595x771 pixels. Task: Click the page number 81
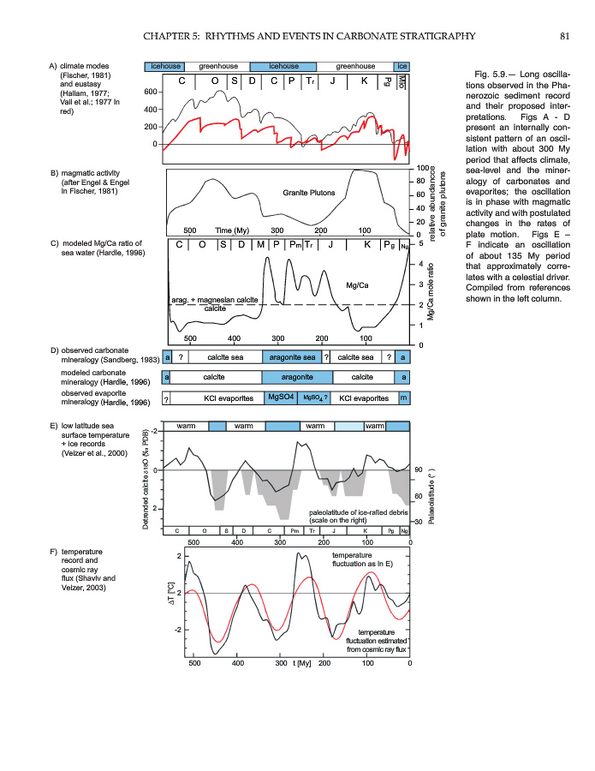tap(564, 35)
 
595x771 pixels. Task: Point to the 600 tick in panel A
tap(151, 92)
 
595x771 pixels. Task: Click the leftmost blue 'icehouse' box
tap(164, 65)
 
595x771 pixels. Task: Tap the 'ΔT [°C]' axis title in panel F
tap(171, 593)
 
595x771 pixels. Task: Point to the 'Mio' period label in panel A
tap(402, 82)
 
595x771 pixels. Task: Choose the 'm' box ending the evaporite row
tap(402, 397)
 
